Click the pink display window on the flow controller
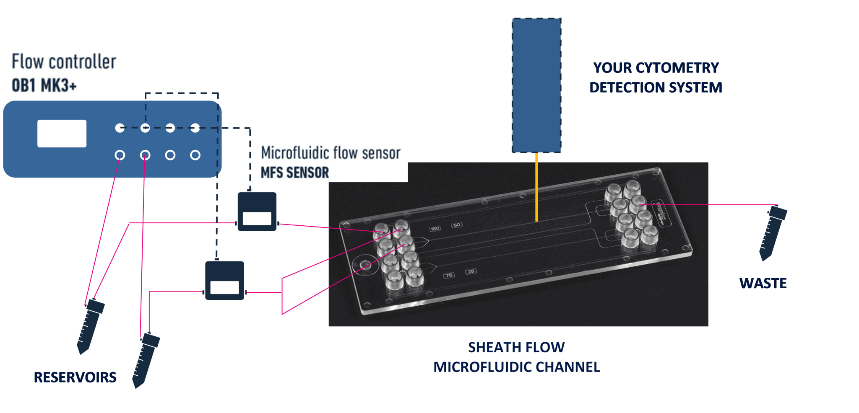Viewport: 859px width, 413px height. [x=62, y=134]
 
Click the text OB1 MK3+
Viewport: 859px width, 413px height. [x=44, y=85]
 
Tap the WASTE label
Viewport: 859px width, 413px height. [x=763, y=283]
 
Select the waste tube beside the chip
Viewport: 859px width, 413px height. [x=773, y=233]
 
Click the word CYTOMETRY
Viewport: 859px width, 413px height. [x=677, y=67]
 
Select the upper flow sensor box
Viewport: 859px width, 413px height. [x=257, y=212]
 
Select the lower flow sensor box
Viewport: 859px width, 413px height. [x=224, y=280]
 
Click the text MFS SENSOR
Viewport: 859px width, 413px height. [x=295, y=173]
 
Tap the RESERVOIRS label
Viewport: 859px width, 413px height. [x=75, y=377]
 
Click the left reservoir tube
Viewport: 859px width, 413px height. [x=90, y=326]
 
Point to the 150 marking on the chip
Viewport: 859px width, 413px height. [x=435, y=229]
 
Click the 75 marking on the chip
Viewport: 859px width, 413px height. [x=449, y=275]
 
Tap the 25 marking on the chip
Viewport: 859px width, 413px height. [x=471, y=271]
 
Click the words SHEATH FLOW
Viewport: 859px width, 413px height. [x=516, y=347]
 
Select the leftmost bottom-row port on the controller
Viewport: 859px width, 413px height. [x=120, y=155]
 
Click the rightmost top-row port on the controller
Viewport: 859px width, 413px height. [x=195, y=128]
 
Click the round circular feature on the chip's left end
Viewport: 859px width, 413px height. [x=364, y=265]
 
